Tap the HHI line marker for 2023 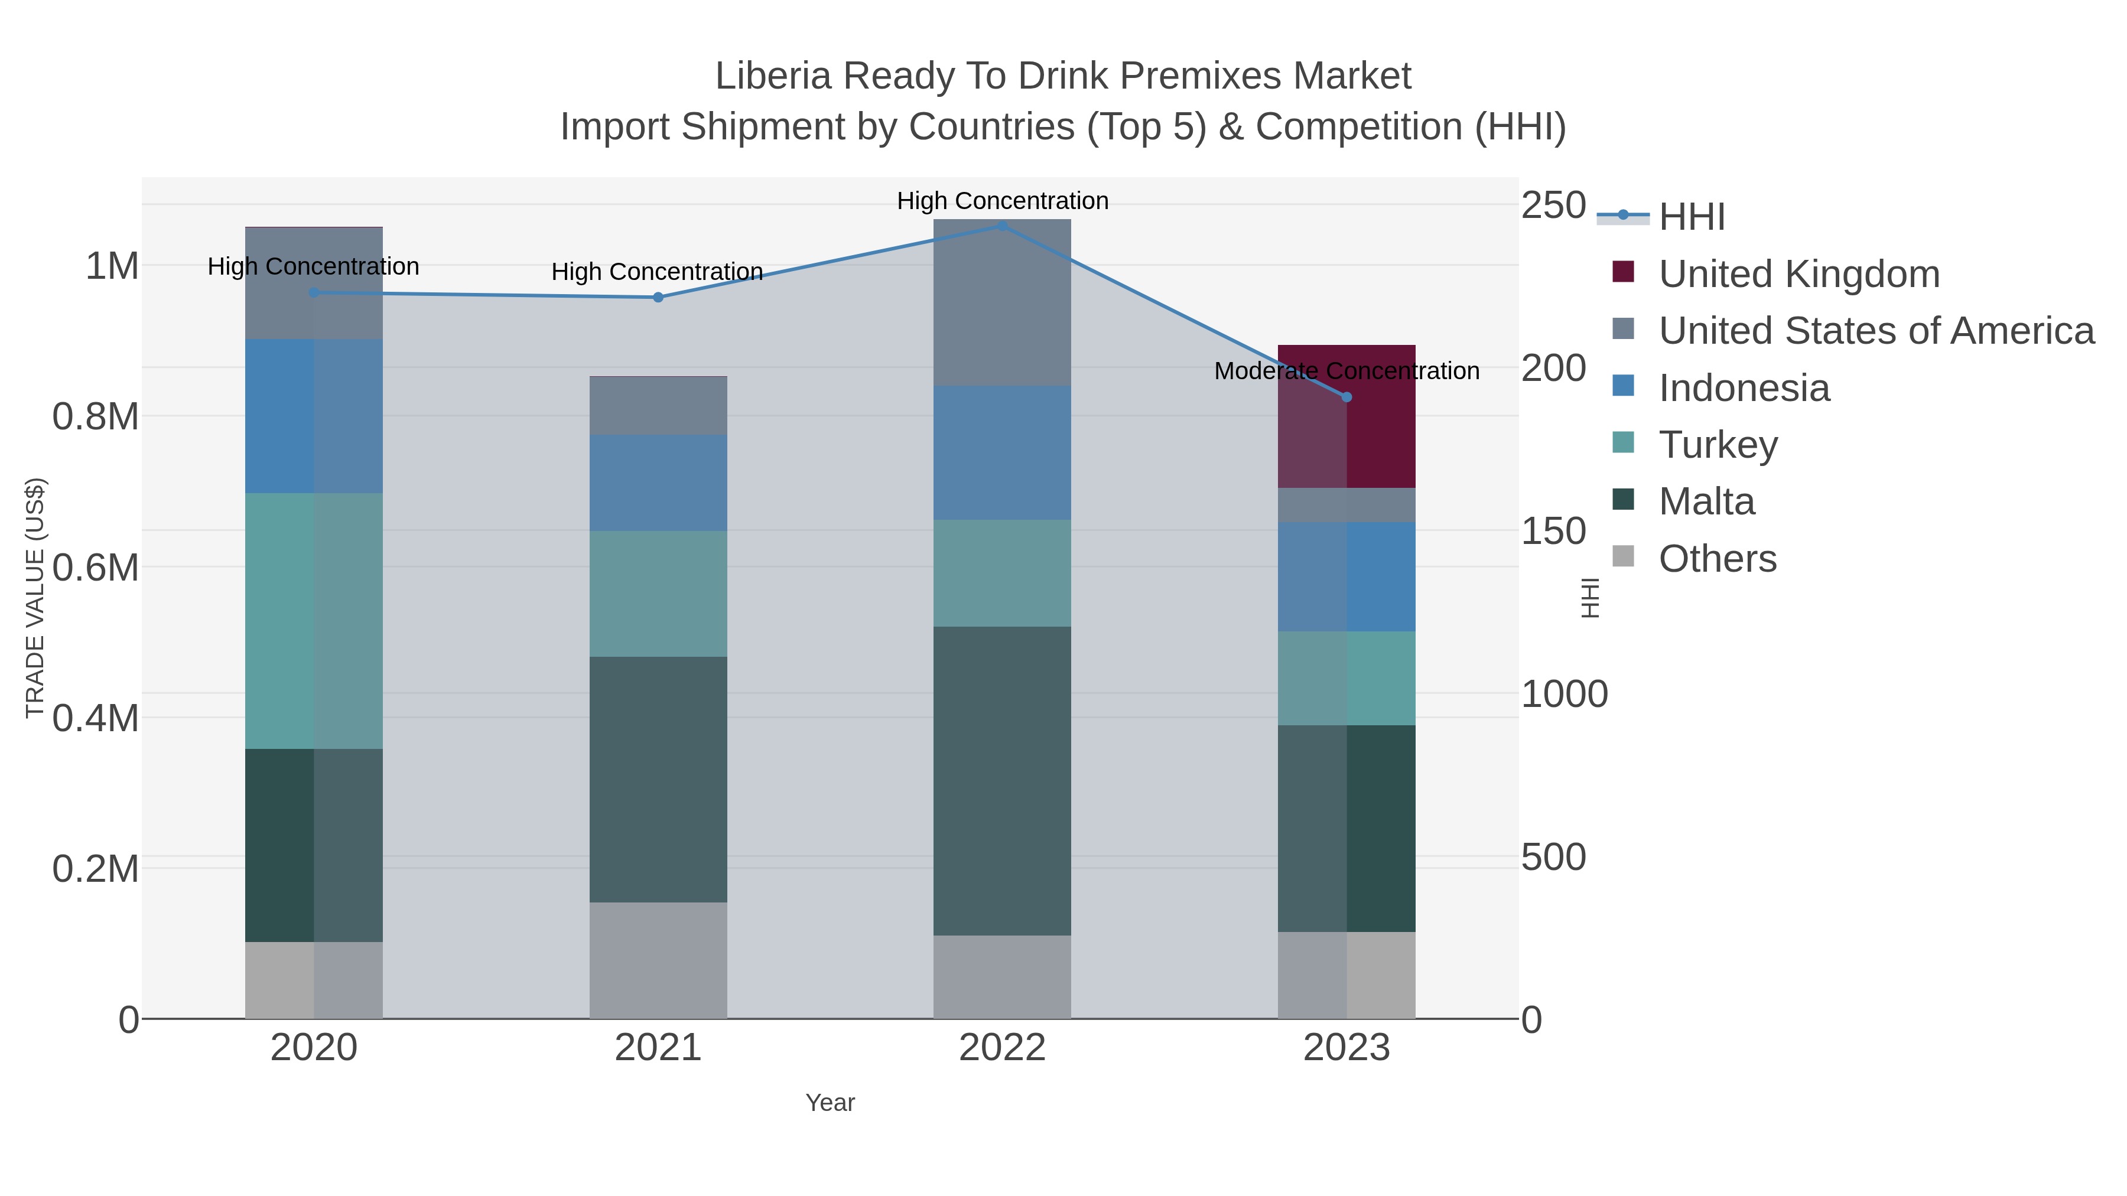pos(1347,397)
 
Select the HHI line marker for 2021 pos(658,297)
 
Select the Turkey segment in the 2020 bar pos(314,621)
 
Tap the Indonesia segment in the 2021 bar pos(658,483)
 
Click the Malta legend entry pos(1706,502)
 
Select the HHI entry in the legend pos(1691,217)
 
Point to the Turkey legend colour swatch pos(1622,442)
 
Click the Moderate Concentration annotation pos(1347,371)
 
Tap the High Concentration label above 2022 pos(1003,201)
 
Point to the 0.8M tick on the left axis pos(96,417)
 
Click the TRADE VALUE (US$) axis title pos(35,598)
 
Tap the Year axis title pos(830,1103)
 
